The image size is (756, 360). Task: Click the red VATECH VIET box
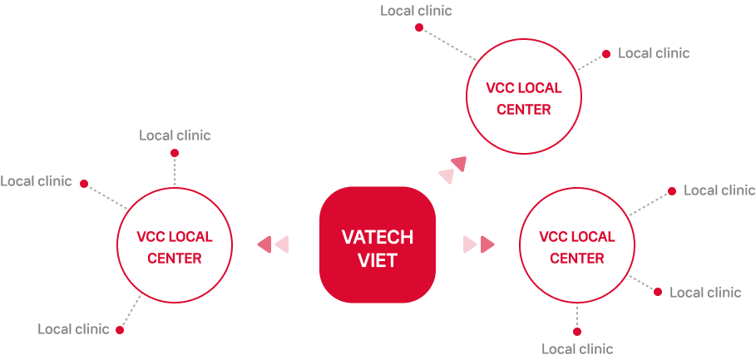tap(377, 245)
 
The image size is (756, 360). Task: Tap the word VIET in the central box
tap(377, 260)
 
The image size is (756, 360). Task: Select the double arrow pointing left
tap(273, 244)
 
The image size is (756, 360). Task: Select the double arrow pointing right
tap(479, 244)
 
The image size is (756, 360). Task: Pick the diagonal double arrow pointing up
tap(452, 170)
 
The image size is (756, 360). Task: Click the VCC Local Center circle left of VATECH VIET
tap(175, 247)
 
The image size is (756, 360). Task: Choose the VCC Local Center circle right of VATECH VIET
tap(577, 247)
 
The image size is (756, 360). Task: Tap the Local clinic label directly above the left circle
tap(175, 136)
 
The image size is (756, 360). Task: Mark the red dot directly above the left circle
tap(175, 153)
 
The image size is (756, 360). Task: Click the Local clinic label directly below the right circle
tap(577, 349)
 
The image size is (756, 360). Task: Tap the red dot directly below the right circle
tap(577, 332)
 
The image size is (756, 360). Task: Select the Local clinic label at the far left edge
tap(36, 181)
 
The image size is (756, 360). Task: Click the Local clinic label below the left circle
tap(73, 329)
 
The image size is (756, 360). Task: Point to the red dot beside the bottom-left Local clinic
tap(120, 330)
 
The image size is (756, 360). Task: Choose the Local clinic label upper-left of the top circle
tap(417, 11)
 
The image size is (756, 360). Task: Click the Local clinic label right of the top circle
tap(654, 53)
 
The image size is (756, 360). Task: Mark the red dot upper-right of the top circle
tap(606, 53)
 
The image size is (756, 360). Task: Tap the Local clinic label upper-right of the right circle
tap(719, 190)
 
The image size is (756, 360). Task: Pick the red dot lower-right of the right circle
tap(658, 292)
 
